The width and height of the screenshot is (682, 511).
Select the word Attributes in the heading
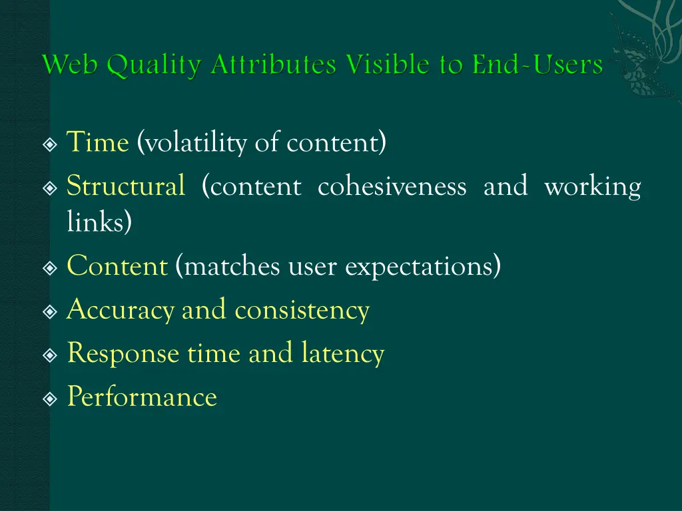pyautogui.click(x=274, y=65)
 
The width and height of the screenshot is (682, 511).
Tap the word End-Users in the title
pyautogui.click(x=537, y=65)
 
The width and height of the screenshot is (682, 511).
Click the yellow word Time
pyautogui.click(x=97, y=143)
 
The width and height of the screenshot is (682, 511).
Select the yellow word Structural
pyautogui.click(x=126, y=186)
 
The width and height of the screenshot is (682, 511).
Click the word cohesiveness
pyautogui.click(x=392, y=186)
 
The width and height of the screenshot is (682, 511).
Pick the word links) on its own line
pyautogui.click(x=99, y=223)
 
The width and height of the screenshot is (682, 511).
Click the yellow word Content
pyautogui.click(x=117, y=267)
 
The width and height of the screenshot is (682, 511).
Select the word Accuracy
pyautogui.click(x=121, y=311)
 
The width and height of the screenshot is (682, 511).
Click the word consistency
pyautogui.click(x=302, y=311)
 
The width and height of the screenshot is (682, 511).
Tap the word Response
pyautogui.click(x=123, y=354)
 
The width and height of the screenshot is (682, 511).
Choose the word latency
pyautogui.click(x=342, y=354)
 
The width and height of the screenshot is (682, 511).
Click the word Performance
pyautogui.click(x=142, y=397)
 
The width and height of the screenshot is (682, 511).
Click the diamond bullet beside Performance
pyautogui.click(x=50, y=399)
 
